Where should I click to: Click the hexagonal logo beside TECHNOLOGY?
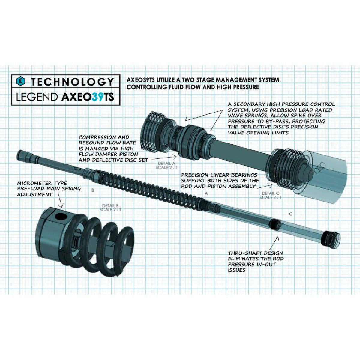[21, 81]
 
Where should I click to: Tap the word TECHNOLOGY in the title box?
[72, 82]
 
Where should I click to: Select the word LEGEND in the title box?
[37, 97]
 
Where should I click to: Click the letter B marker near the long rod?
[93, 190]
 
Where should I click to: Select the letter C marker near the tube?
[290, 214]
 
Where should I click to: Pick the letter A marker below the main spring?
[206, 194]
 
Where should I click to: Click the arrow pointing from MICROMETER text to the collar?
[60, 200]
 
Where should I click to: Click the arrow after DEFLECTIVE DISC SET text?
[164, 157]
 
